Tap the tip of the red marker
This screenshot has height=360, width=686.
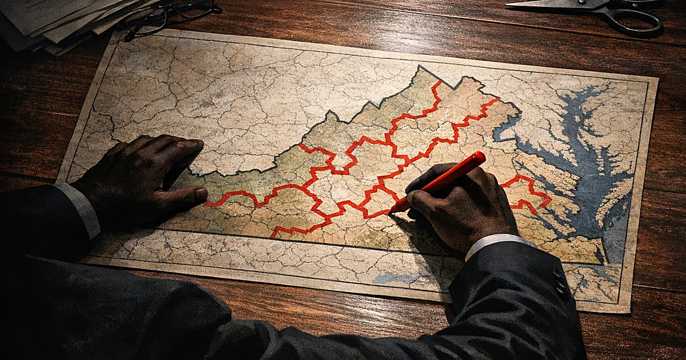(x=392, y=213)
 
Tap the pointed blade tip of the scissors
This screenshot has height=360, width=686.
(x=509, y=4)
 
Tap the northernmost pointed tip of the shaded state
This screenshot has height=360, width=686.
(x=421, y=68)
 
